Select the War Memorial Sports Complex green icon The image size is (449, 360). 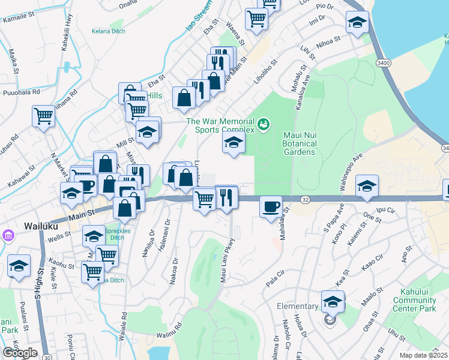point(262,125)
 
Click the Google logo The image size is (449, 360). point(20,353)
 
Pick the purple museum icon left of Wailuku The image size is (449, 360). point(8,235)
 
